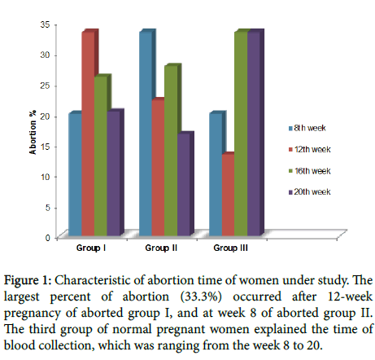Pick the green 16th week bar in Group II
[x=171, y=150]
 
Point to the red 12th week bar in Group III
[x=229, y=195]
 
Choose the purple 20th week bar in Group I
[x=114, y=173]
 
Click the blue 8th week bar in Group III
[x=216, y=174]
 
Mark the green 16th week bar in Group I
[x=101, y=156]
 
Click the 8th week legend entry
[x=307, y=128]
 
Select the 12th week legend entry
[x=310, y=150]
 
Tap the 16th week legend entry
[x=310, y=171]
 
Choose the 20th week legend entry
[x=310, y=192]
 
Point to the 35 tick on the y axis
[x=46, y=24]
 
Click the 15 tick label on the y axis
[x=46, y=147]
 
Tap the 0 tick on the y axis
[x=48, y=238]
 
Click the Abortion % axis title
[x=33, y=132]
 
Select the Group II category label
[x=161, y=248]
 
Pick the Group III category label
[x=230, y=248]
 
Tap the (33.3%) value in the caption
[x=201, y=296]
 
